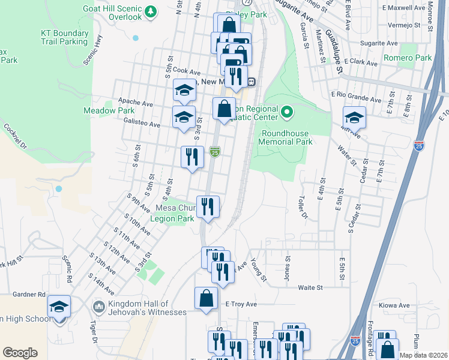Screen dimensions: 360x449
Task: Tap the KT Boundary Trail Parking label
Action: tap(64, 37)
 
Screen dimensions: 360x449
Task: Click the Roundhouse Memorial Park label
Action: tap(285, 137)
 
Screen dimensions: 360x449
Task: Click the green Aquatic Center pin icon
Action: tap(287, 111)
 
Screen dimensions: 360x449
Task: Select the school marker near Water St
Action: tap(354, 118)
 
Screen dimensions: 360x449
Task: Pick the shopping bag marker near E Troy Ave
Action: tap(206, 298)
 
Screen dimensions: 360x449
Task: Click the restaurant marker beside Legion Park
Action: tap(208, 207)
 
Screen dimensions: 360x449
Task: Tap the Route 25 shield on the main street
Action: tap(215, 152)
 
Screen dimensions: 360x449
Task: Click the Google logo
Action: tap(20, 352)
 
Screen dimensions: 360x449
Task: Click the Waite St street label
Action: tap(310, 287)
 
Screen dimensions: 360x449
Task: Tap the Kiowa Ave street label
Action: tap(391, 305)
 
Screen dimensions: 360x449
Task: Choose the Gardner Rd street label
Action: tap(29, 295)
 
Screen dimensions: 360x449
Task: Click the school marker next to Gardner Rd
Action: tap(59, 307)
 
